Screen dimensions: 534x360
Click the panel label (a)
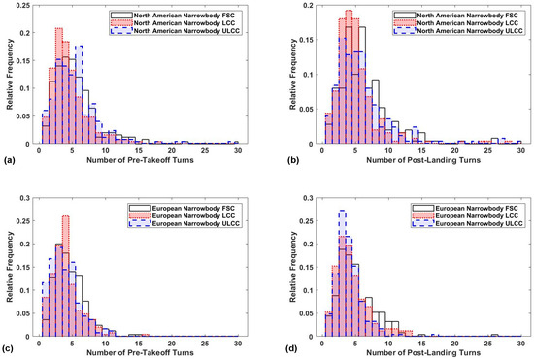(9, 160)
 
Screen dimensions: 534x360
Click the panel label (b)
(293, 160)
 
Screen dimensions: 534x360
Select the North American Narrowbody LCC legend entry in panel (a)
(175, 23)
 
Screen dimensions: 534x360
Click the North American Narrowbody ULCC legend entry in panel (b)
(458, 31)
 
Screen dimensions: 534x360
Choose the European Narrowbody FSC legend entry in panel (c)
(184, 208)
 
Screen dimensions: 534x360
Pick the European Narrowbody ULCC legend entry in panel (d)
(468, 223)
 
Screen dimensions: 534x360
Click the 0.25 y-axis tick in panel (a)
(24, 6)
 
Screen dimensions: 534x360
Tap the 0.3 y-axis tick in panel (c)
(25, 198)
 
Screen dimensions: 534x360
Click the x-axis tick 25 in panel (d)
(488, 344)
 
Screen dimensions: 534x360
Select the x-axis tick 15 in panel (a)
(138, 151)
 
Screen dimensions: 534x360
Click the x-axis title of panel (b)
(423, 160)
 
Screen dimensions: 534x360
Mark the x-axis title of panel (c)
(140, 352)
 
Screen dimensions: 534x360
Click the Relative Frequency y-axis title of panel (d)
(293, 267)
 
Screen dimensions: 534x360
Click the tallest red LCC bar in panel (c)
(66, 276)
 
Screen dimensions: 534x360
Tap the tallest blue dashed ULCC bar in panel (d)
(343, 274)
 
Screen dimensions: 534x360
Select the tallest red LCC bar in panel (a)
(59, 85)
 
